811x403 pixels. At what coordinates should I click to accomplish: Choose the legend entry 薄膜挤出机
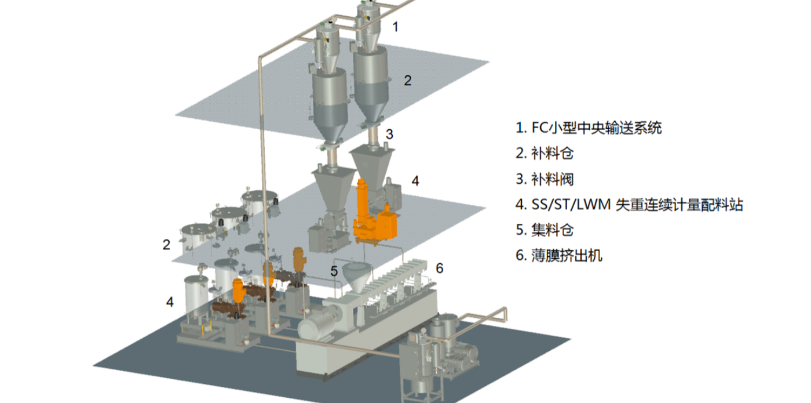tap(559, 255)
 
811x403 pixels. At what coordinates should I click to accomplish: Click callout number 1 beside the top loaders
tap(396, 26)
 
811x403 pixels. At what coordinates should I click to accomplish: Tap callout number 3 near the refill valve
tap(390, 134)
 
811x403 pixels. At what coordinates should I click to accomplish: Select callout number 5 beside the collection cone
tap(334, 271)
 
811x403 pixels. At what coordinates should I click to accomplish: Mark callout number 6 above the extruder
tap(440, 268)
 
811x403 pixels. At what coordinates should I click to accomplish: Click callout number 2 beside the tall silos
tap(407, 81)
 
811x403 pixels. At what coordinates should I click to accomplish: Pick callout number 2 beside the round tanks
tap(166, 245)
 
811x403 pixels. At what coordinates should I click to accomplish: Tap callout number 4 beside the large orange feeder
tap(415, 181)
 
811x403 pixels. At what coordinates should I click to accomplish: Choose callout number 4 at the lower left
tap(169, 302)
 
